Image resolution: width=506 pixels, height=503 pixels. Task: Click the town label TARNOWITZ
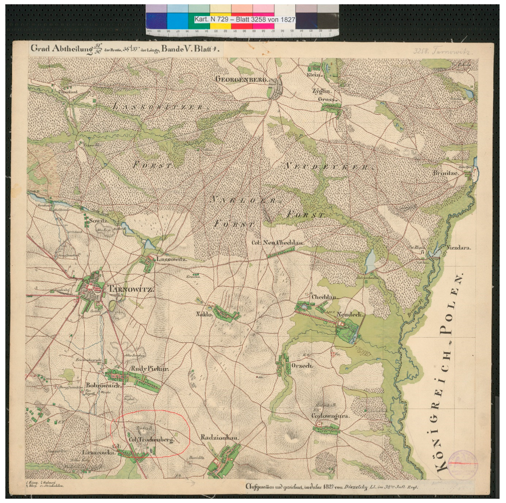[131, 289]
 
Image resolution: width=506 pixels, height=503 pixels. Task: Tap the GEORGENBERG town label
[242, 79]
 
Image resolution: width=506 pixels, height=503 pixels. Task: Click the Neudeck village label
[350, 314]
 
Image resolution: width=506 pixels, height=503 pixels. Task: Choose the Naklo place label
[204, 314]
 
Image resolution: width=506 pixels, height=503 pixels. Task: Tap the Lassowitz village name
[172, 259]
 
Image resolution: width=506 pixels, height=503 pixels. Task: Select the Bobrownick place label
[103, 385]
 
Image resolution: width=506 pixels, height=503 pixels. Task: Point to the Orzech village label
[302, 366]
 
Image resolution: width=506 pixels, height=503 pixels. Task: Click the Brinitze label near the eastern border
[445, 173]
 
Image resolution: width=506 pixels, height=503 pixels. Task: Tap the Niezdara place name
[458, 247]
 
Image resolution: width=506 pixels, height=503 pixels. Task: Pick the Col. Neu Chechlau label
[278, 242]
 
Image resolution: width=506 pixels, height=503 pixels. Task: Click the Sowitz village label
[99, 221]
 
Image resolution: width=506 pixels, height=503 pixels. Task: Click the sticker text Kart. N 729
[212, 19]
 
